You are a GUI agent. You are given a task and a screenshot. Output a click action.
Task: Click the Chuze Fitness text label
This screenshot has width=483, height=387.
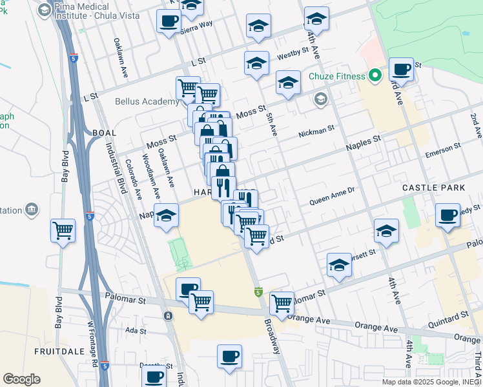[336, 77]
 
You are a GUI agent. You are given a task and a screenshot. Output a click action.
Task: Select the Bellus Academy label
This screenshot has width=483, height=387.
[147, 101]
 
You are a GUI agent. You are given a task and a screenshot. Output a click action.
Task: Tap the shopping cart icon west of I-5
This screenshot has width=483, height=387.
[63, 230]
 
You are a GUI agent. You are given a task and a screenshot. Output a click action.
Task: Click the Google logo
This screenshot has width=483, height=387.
[21, 379]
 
